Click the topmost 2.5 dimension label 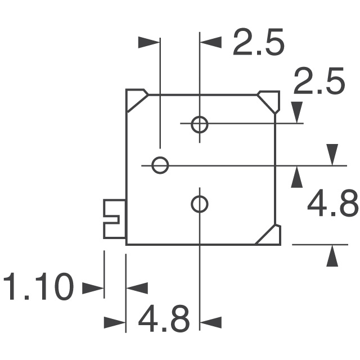click(x=259, y=42)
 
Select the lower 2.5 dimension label click(x=319, y=81)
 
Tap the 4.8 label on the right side click(x=333, y=203)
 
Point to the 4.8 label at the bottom click(x=164, y=318)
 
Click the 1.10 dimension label click(x=39, y=286)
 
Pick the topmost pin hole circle click(x=200, y=125)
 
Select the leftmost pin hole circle click(x=160, y=165)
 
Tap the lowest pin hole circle click(x=200, y=204)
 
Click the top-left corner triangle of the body click(x=136, y=100)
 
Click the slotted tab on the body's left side click(x=114, y=219)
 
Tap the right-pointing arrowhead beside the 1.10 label click(x=92, y=288)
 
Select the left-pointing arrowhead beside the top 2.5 click(x=211, y=42)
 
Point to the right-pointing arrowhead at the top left click(x=148, y=42)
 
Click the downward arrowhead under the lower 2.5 click(x=297, y=112)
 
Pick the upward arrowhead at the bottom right click(x=332, y=256)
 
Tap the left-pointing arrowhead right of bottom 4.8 click(x=211, y=322)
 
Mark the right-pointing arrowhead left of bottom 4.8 click(x=114, y=322)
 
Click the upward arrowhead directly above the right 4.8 click(x=296, y=177)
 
